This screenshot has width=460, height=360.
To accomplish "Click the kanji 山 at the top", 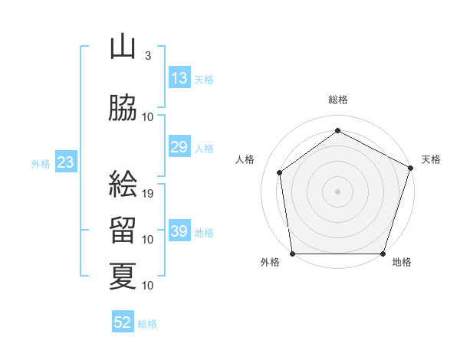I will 123,48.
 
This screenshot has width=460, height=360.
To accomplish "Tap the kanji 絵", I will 123,184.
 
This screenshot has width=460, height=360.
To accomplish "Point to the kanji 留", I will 123,230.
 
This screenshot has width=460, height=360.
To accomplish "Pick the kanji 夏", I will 123,276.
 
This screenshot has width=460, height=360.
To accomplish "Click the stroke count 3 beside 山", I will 147,56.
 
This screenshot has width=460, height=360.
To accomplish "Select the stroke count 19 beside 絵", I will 149,193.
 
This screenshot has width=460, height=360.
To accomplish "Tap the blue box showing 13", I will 179,78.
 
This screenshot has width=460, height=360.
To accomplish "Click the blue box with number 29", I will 179,147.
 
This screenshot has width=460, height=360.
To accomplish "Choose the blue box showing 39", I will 179,231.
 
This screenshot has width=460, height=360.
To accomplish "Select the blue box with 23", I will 65,162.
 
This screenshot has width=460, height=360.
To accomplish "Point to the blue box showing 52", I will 123,322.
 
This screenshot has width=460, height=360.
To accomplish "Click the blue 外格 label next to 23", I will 40,163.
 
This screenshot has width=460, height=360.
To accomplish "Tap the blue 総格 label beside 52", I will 147,324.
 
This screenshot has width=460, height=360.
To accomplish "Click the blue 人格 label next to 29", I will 204,149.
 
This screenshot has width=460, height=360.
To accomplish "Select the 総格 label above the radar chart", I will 338,100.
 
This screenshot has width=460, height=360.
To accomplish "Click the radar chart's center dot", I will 338,191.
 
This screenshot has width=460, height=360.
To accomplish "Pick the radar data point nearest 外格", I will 293,254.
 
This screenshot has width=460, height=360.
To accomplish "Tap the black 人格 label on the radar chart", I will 246,159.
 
